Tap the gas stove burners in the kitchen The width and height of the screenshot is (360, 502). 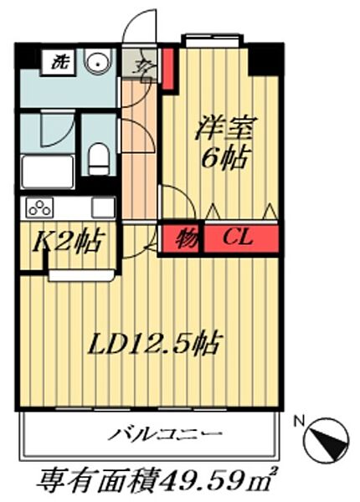(x=40, y=207)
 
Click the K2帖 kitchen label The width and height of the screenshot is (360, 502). (x=68, y=243)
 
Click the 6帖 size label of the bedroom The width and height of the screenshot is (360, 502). (x=223, y=159)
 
